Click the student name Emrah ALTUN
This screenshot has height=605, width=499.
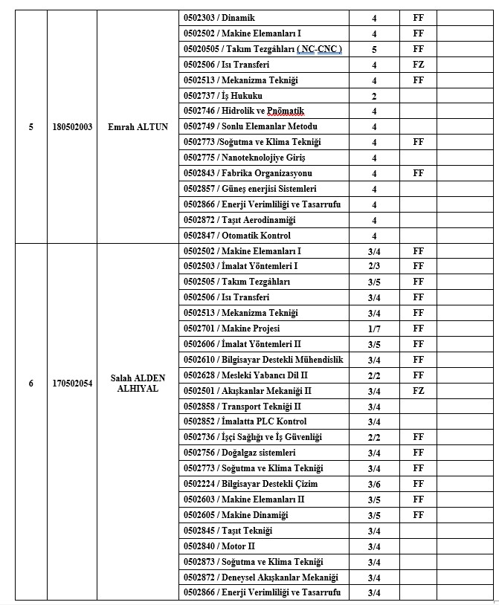[x=138, y=127]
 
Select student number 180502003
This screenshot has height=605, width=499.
[x=72, y=127]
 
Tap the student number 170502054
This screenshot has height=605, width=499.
[x=72, y=384]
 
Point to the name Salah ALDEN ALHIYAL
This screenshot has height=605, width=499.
[x=138, y=384]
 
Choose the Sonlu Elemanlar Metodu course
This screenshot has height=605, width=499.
[x=250, y=127]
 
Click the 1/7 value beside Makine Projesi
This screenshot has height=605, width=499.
[x=374, y=329]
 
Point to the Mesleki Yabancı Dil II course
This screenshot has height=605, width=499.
[x=245, y=375]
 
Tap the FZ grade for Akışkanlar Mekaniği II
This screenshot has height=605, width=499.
[x=418, y=391]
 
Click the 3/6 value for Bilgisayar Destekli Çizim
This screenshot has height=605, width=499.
[x=374, y=484]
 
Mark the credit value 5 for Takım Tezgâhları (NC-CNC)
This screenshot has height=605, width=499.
[x=374, y=49]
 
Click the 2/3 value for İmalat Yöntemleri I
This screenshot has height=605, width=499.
[x=374, y=267]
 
